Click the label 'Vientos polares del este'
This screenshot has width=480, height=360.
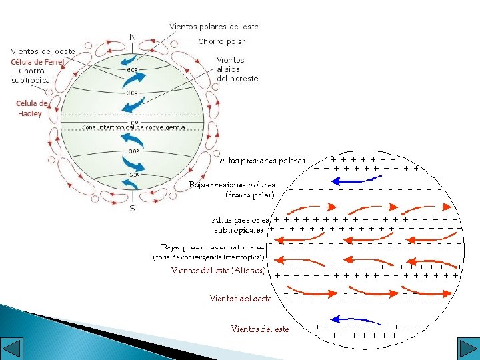tap(213, 27)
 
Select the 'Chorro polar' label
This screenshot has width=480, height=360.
tap(221, 41)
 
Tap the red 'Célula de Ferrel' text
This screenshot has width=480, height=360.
tap(37, 62)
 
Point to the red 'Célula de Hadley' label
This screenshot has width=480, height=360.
tap(31, 108)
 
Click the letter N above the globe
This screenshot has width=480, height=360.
tap(133, 37)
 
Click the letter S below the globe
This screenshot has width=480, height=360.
tap(132, 209)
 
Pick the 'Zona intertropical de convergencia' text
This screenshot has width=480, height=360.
tap(133, 127)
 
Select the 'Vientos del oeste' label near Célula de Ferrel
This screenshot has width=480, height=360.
tap(43, 51)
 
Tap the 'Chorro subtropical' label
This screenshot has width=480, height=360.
tap(32, 75)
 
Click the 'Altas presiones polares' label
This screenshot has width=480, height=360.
tap(262, 161)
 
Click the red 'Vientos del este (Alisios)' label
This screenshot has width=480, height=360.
tap(219, 270)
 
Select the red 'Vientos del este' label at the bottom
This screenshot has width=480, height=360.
tap(260, 329)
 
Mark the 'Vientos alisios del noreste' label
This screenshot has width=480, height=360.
tap(237, 69)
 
